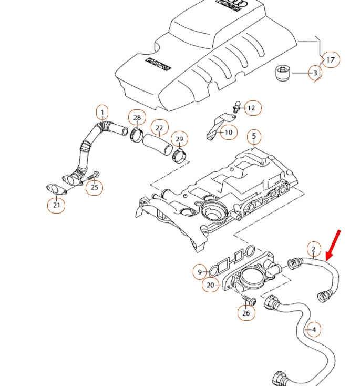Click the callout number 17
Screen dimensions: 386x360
(330, 60)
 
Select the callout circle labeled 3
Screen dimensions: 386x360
(315, 73)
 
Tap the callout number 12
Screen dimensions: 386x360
(251, 108)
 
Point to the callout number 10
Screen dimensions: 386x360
(228, 132)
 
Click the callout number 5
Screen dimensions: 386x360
(253, 137)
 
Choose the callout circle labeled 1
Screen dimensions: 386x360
(103, 112)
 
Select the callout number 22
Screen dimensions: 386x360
(159, 128)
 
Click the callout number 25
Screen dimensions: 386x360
(95, 187)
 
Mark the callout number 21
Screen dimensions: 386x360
(57, 205)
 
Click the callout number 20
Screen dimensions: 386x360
(211, 285)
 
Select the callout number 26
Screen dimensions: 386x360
(246, 313)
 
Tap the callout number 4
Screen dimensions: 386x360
(314, 330)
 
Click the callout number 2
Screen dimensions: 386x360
(313, 249)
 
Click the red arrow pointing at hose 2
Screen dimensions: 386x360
(333, 244)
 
